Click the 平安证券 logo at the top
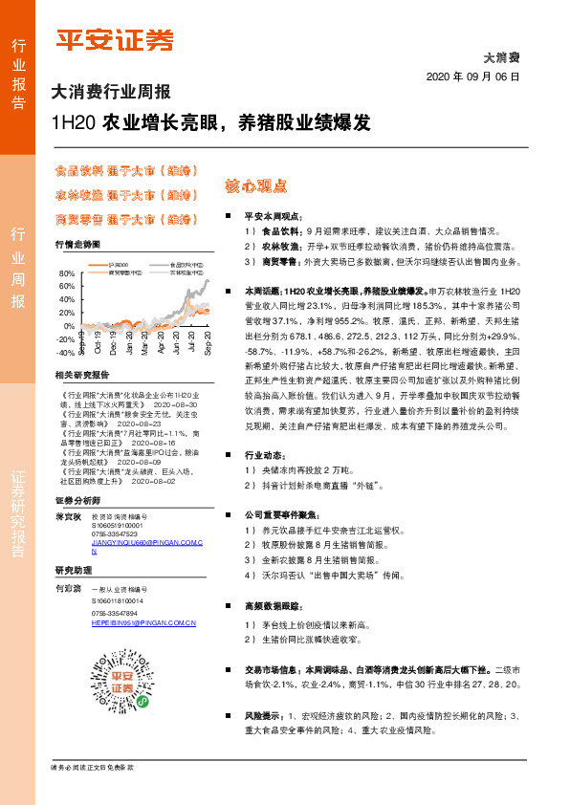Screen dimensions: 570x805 (115, 38)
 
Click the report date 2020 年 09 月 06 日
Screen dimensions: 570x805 (474, 76)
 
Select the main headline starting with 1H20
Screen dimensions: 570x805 (211, 123)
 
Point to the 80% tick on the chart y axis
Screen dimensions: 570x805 (66, 274)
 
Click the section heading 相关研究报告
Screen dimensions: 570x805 (82, 375)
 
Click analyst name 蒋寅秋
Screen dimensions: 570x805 (67, 516)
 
